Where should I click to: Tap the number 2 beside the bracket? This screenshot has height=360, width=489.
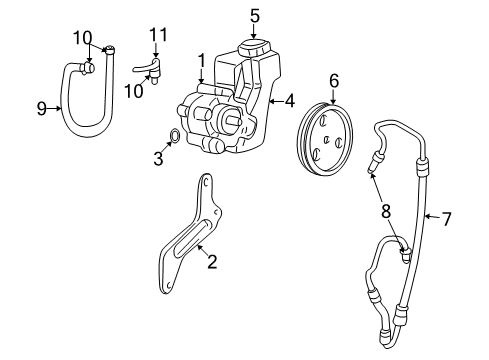pyautogui.click(x=212, y=263)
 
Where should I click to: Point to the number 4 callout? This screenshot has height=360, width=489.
pyautogui.click(x=290, y=100)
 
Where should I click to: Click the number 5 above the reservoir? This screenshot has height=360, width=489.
pyautogui.click(x=255, y=15)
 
